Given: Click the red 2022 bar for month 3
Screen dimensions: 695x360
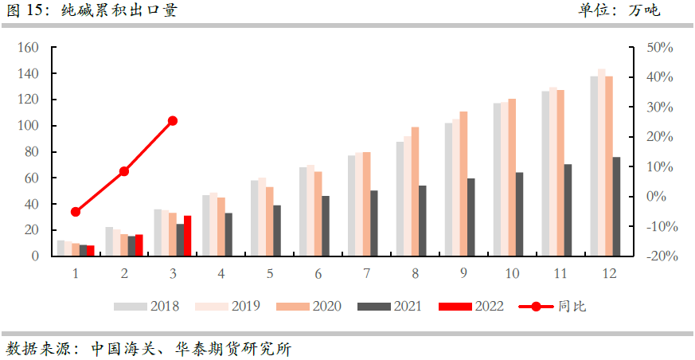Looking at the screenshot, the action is [188, 236].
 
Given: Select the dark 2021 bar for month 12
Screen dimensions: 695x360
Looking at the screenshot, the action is [616, 206].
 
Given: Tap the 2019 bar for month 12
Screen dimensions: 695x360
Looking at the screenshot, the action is [602, 162].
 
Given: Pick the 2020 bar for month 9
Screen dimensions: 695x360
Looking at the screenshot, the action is [463, 183].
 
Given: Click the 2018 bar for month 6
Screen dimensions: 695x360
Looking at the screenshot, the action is [303, 212].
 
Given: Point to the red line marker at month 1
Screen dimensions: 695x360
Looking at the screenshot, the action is [76, 212].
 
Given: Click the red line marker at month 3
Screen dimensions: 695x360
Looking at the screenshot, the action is [173, 121].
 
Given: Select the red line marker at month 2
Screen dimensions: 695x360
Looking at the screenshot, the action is [124, 171].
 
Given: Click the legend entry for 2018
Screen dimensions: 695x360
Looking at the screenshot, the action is [146, 307].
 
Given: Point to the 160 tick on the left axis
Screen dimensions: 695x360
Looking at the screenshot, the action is [29, 48].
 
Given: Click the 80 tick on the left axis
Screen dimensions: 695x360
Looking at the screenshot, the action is [33, 151].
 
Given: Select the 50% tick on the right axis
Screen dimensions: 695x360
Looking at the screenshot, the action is [659, 48].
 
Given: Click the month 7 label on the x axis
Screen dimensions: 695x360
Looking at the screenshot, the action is [366, 273].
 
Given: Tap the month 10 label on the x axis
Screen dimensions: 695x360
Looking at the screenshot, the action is [512, 273].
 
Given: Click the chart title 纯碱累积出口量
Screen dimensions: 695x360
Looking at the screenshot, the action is [119, 10].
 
